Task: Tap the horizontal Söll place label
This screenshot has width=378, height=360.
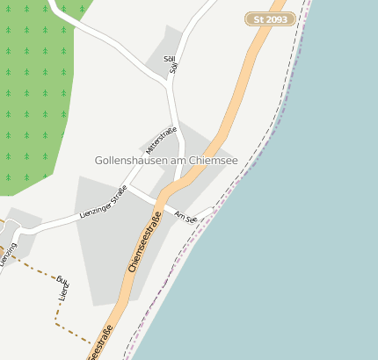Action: (170, 58)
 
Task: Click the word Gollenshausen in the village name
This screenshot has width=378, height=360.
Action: (134, 161)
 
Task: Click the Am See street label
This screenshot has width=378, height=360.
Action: (185, 217)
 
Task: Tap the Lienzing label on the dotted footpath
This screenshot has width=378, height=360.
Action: (62, 289)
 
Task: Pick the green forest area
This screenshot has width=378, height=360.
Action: (31, 97)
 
